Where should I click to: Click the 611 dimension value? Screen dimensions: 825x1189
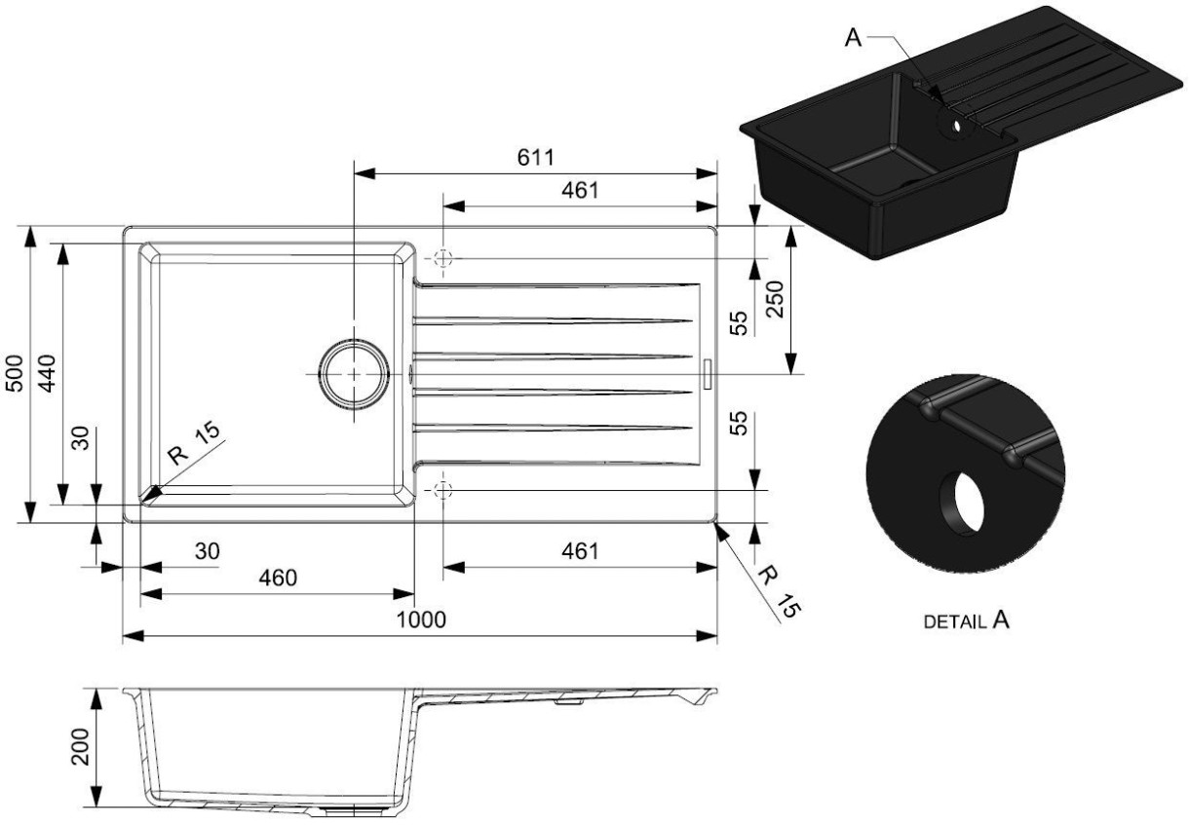[535, 157]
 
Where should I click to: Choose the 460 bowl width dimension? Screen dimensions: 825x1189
[278, 578]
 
